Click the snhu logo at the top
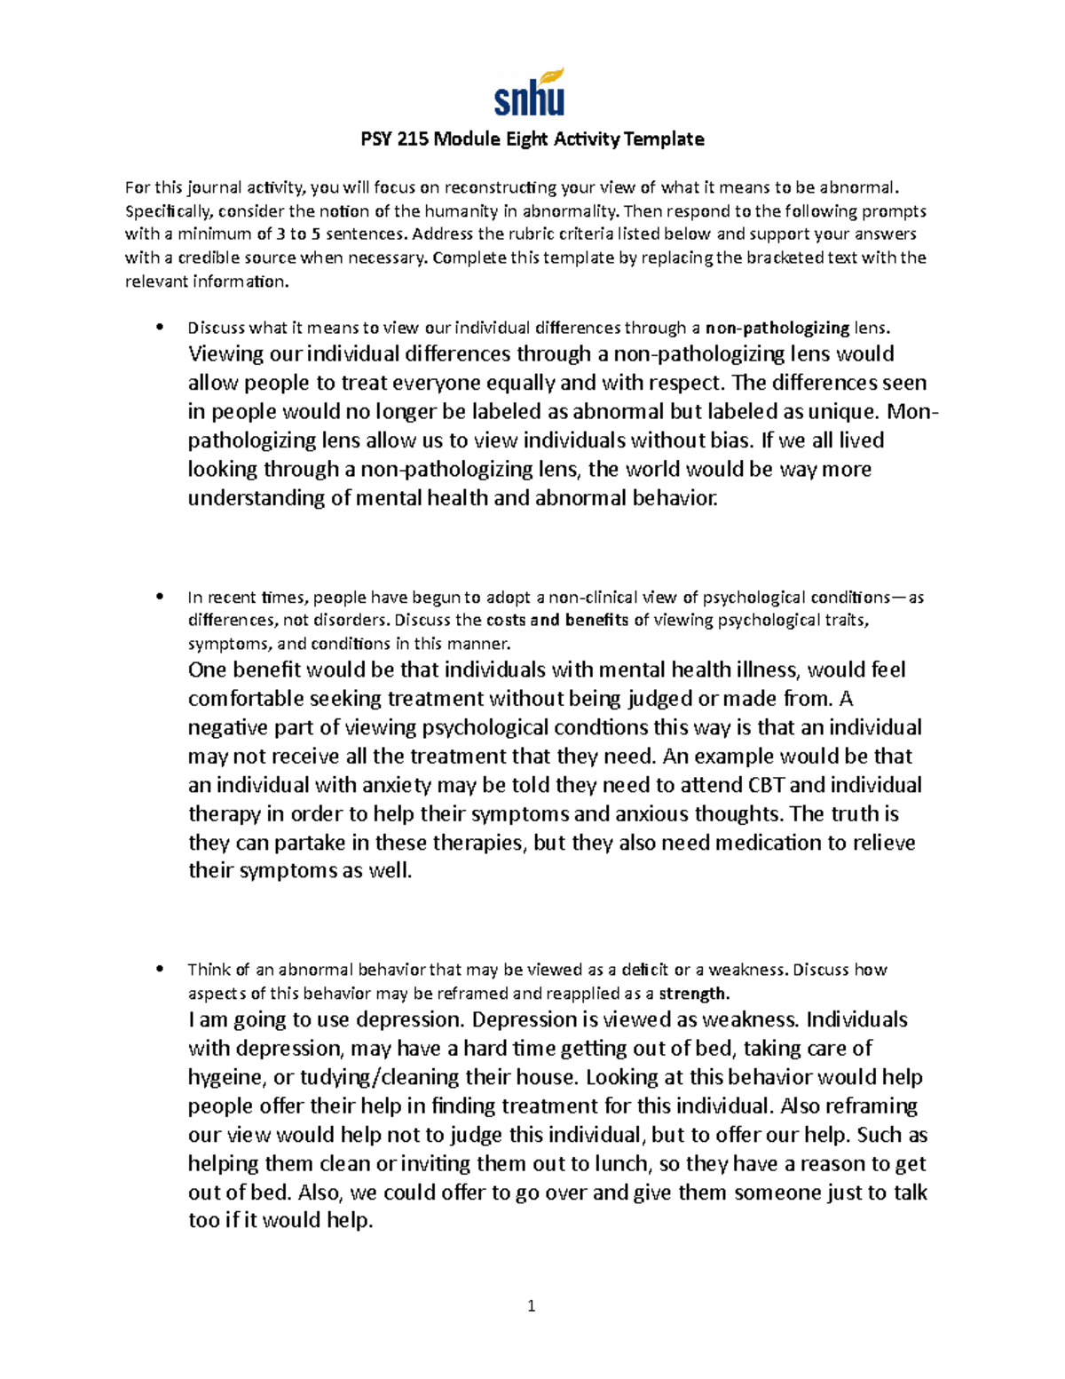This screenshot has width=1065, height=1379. (529, 93)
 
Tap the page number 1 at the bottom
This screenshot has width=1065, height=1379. (531, 1305)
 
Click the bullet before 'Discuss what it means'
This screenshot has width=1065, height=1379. (160, 328)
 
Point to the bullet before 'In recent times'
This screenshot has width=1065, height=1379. (160, 597)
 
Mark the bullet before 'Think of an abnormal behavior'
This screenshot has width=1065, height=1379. (160, 969)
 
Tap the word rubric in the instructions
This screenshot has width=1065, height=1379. (503, 234)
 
